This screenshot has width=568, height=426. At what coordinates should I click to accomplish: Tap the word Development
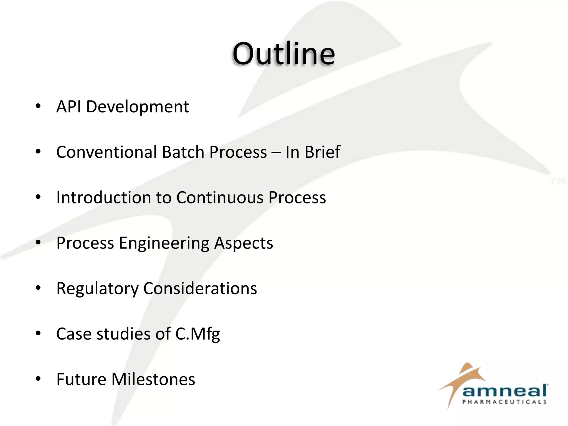(138, 107)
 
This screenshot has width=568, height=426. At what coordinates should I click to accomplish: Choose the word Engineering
(164, 244)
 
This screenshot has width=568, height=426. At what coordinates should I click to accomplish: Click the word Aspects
(244, 244)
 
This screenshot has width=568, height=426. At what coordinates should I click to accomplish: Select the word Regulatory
(97, 289)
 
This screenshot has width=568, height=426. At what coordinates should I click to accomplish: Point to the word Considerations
(200, 288)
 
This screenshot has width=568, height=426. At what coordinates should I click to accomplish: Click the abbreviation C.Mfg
(197, 334)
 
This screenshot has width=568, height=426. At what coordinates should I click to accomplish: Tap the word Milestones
(153, 379)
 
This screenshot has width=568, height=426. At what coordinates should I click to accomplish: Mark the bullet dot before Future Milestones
(38, 379)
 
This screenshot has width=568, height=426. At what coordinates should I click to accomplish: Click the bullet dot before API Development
(38, 106)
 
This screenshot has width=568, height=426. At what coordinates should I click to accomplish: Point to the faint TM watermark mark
(558, 182)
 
